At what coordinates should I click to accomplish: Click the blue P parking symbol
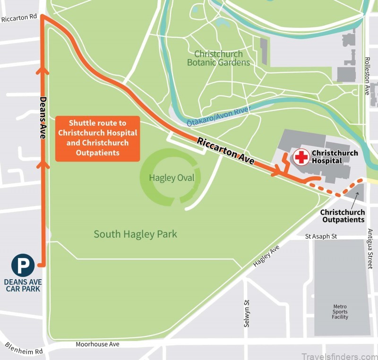point(23,265)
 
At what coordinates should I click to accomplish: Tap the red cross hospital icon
point(301,157)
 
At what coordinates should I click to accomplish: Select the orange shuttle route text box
point(97,139)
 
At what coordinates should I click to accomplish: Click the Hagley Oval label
point(168,178)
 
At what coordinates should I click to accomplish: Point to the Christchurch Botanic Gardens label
point(218,58)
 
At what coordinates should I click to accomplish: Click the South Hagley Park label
point(135,234)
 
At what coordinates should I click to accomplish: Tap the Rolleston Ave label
point(367,76)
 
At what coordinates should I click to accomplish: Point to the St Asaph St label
point(321,236)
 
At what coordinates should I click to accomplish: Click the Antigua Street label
point(370,249)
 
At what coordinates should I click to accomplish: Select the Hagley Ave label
point(266,256)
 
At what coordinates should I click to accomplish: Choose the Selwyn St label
point(246,315)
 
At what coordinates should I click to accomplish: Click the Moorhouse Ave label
point(98,344)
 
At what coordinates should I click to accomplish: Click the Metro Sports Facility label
point(340,312)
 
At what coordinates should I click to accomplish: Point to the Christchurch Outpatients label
point(343,216)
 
